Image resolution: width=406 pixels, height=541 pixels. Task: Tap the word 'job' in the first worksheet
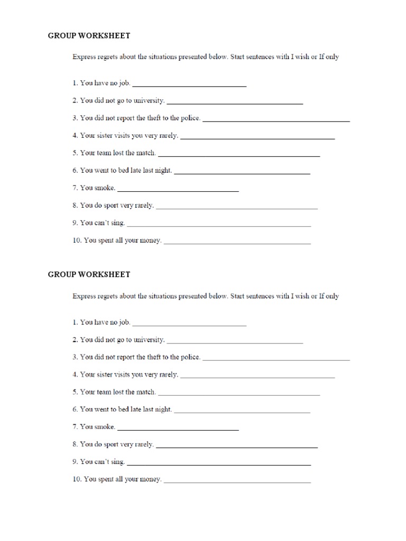pos(124,83)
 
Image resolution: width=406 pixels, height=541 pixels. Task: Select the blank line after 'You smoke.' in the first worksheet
pos(178,190)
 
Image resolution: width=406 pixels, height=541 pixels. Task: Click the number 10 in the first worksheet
pos(77,240)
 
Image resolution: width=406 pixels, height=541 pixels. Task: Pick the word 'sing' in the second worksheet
pos(117,462)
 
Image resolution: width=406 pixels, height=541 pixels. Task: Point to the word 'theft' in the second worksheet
pos(145,357)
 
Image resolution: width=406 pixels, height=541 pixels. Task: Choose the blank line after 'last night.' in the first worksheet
pos(242,173)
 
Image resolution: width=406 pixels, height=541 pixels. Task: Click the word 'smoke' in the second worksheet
pos(105,426)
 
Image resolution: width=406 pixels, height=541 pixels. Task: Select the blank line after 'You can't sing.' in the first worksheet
pos(219,226)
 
